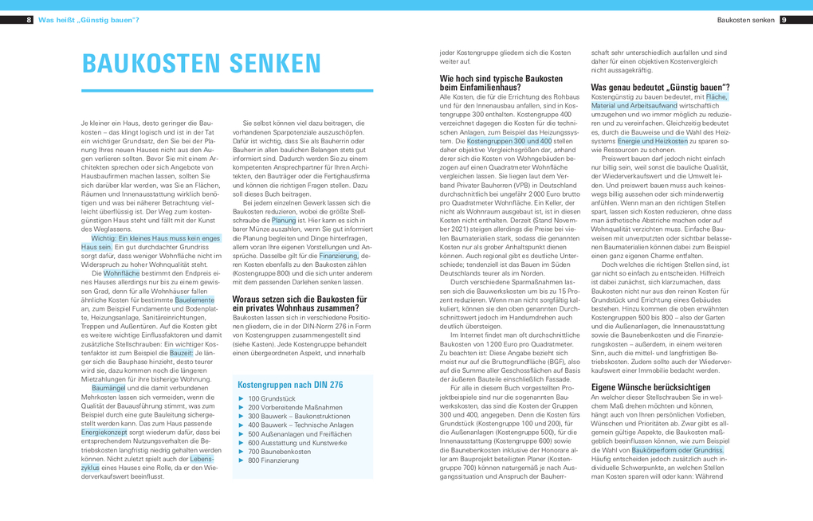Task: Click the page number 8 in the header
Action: [x=29, y=20]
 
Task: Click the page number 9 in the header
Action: [x=784, y=20]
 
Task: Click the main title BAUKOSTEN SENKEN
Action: [x=202, y=63]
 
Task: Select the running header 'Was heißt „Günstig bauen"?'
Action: [x=88, y=20]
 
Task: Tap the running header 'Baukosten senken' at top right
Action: [x=745, y=20]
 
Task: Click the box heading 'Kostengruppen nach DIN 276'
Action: [x=290, y=385]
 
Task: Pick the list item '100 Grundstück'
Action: [x=272, y=398]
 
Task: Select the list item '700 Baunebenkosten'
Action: [x=280, y=452]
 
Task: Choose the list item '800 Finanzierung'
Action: [x=273, y=460]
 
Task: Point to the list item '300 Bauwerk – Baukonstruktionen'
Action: [x=299, y=416]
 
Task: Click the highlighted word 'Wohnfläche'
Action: [x=121, y=273]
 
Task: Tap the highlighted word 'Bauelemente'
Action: [x=194, y=300]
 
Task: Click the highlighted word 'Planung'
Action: [x=284, y=221]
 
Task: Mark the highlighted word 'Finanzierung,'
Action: [x=339, y=256]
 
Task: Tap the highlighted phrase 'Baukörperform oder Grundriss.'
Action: [x=678, y=450]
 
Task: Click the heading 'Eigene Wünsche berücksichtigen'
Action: [x=650, y=387]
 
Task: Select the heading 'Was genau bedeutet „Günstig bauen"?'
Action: [x=660, y=87]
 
